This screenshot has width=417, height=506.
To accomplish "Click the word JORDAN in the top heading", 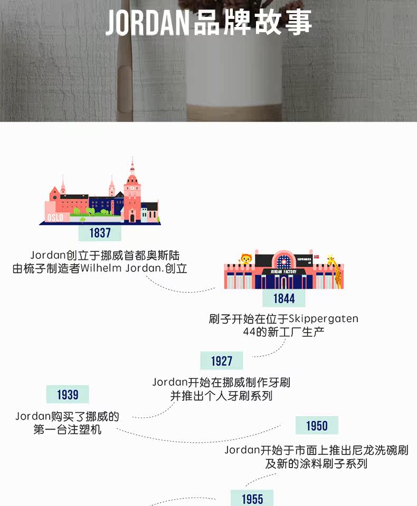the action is pos(147,23).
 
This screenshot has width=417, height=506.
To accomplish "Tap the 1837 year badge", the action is pos(100,233).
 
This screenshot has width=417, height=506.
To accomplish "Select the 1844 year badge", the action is pos(284,299).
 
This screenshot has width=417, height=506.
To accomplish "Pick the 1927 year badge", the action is pos(222,361).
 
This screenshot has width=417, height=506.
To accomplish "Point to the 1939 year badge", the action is pos(68,395).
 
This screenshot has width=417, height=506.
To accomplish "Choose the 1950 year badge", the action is pos(317,426).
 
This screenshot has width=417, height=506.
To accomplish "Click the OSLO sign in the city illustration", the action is pos(55,217).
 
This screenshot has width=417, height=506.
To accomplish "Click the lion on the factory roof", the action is pos(246,259).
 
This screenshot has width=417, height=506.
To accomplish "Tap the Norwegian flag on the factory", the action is pos(316,257).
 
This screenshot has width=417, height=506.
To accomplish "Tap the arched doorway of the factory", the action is pos(284,281).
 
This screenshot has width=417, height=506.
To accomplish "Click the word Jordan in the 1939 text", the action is pos(32,417).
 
